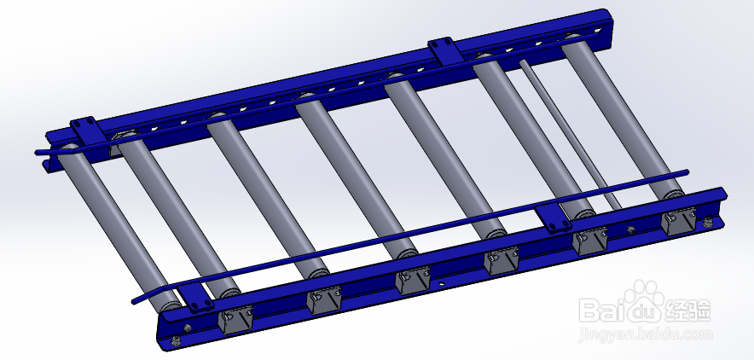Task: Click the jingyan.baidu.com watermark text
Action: tap(644, 334)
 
